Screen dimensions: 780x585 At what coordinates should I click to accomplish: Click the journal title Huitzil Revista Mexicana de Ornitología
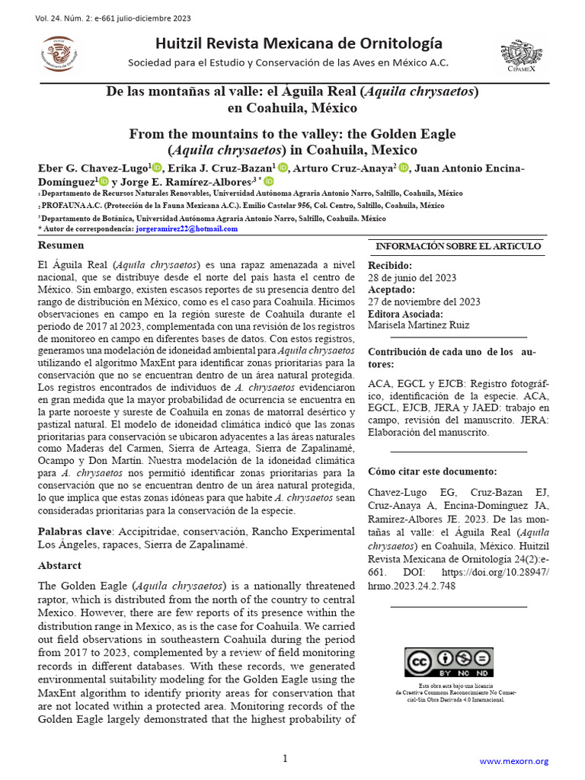[298, 43]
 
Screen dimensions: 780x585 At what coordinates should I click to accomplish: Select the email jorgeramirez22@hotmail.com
[186, 229]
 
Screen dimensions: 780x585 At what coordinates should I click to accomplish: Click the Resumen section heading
[61, 245]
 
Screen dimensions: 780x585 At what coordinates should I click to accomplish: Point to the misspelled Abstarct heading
[59, 566]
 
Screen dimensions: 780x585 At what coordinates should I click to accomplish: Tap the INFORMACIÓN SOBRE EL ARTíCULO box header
[458, 246]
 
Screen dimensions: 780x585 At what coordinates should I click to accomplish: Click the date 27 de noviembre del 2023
[424, 302]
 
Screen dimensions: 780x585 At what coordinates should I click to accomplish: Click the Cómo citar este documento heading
[432, 472]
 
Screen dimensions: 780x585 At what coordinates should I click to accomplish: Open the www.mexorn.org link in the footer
[513, 761]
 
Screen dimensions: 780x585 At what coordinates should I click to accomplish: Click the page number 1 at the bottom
[285, 759]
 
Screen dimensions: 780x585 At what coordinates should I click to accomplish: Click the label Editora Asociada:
[405, 314]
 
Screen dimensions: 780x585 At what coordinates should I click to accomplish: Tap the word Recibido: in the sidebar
[390, 265]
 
